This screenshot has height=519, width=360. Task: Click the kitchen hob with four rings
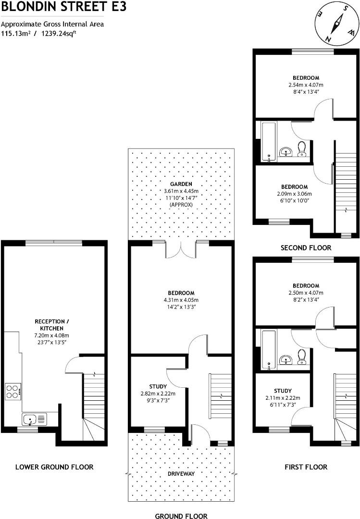[13, 392]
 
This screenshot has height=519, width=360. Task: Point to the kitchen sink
[34, 420]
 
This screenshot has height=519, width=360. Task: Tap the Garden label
[181, 184]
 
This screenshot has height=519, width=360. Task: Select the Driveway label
[181, 473]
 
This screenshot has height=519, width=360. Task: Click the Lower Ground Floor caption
[54, 467]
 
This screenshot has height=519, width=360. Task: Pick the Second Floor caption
[306, 248]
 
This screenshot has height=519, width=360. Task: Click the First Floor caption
[306, 467]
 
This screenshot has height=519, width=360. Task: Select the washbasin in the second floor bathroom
[286, 152]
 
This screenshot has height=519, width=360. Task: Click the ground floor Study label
[158, 386]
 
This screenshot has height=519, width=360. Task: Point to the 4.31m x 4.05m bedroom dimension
[181, 300]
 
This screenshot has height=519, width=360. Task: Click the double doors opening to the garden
[181, 250]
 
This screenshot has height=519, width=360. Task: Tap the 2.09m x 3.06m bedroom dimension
[294, 194]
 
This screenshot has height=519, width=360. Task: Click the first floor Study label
[283, 391]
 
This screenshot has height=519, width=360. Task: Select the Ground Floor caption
[181, 516]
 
